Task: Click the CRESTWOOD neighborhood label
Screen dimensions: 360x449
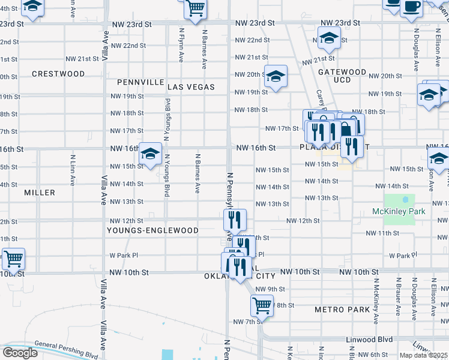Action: (x=58, y=74)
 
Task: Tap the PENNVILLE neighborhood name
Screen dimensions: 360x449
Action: (x=140, y=82)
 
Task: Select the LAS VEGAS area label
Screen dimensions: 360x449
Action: (x=191, y=87)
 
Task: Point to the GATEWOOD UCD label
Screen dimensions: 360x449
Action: (x=342, y=76)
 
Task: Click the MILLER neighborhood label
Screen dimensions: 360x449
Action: (x=40, y=193)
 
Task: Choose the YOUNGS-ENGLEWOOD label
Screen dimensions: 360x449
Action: (x=152, y=230)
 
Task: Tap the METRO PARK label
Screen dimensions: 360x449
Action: (x=342, y=310)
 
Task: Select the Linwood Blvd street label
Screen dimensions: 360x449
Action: (x=369, y=339)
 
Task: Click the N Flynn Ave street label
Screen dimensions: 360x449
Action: (x=181, y=44)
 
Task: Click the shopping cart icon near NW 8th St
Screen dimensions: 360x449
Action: (x=262, y=304)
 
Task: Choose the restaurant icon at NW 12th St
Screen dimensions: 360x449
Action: (x=238, y=220)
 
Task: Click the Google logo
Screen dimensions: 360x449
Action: (x=19, y=352)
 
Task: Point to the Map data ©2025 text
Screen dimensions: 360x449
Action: (x=423, y=355)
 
